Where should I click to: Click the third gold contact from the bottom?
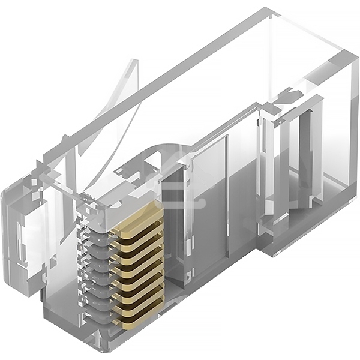pyautogui.click(x=139, y=292)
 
